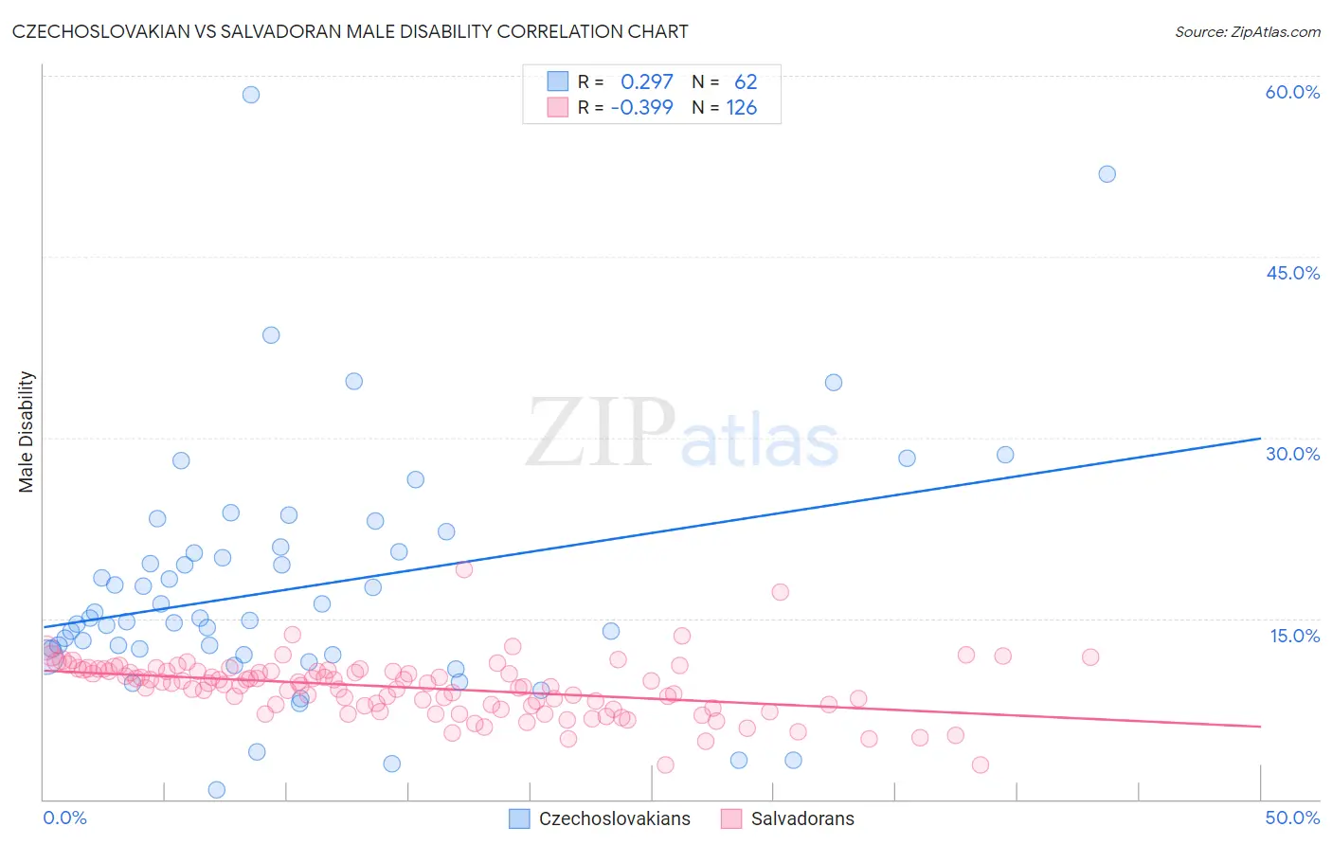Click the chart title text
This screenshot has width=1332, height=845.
tap(350, 31)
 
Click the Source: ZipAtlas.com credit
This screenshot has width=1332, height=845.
tap(1247, 31)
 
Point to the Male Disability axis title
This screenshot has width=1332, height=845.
tap(27, 431)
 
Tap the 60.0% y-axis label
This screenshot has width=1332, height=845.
tap(1292, 92)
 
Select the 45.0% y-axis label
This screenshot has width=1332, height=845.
tap(1292, 273)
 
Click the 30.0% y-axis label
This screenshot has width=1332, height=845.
tap(1292, 454)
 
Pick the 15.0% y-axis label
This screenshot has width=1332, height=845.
tap(1294, 635)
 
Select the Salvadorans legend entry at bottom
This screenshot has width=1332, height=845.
tap(801, 818)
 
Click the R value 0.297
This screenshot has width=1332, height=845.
tap(646, 82)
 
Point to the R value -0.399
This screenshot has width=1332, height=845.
tap(641, 108)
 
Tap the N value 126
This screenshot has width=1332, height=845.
tap(741, 108)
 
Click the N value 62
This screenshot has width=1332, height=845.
tap(746, 82)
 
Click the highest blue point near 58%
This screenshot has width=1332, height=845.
tap(251, 95)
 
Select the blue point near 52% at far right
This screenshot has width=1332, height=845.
tap(1107, 174)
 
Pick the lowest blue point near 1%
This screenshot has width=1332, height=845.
tap(217, 790)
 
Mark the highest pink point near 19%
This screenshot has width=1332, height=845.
tap(464, 569)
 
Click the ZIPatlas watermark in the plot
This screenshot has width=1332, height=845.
tap(682, 434)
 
